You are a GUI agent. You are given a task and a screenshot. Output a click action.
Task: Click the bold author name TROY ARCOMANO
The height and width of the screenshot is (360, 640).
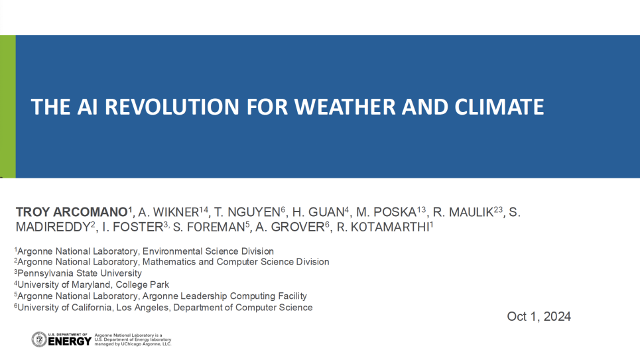click(72, 212)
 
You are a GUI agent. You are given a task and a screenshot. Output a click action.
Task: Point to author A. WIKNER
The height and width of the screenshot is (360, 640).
click(168, 212)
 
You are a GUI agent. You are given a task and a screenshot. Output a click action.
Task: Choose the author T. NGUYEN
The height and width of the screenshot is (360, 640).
click(247, 212)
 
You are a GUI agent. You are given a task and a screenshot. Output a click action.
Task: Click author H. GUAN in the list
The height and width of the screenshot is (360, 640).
click(318, 212)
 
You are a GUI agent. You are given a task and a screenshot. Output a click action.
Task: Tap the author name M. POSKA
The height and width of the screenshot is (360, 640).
click(386, 212)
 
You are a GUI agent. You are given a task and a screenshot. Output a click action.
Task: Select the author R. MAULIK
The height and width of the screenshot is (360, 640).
click(463, 212)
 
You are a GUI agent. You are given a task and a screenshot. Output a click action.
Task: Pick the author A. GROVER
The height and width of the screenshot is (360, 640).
click(290, 227)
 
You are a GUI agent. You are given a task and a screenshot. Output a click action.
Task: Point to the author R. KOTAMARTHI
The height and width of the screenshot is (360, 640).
click(383, 227)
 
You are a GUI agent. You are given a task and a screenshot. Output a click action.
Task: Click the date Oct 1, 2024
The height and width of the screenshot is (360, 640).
click(539, 316)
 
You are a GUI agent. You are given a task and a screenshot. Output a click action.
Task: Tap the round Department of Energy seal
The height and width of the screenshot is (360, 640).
click(39, 339)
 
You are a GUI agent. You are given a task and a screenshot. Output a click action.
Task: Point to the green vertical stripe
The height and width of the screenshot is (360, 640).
click(8, 107)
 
